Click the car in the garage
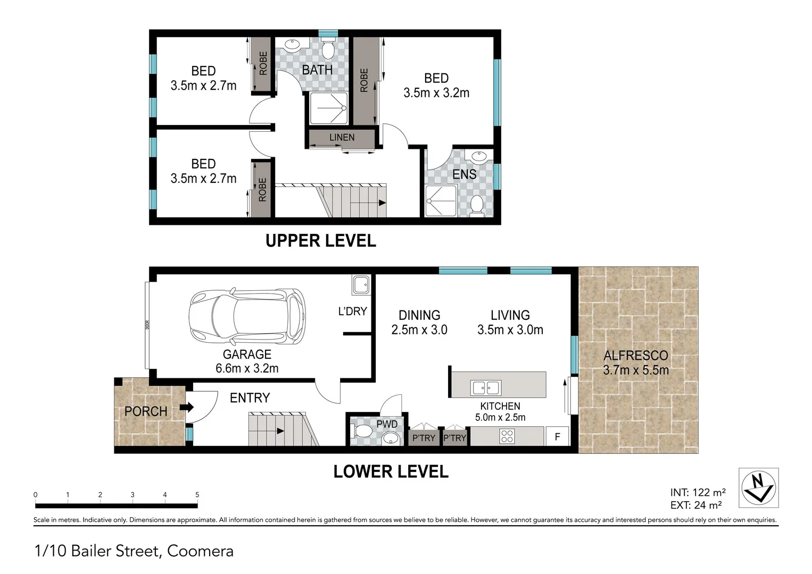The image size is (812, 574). coord(247,317)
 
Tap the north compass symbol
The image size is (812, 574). coord(759,487)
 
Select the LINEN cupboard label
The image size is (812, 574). coord(342,138)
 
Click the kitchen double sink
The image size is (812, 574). coord(486,388)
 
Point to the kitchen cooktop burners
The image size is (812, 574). coord(507,436)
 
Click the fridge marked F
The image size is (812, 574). coord(557,437)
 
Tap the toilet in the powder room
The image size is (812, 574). coord(361,431)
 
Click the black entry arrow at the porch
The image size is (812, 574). coord(187,407)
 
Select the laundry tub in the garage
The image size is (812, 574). coord(361,285)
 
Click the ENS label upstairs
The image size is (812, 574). coord(465,174)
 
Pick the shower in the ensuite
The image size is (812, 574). coord(441,201)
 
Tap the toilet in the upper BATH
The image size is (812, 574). coord(328,49)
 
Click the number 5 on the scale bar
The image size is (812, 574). coord(197,495)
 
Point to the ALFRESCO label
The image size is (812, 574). coord(636,356)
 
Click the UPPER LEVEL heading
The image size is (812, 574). coord(321,241)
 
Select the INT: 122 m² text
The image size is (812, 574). coord(698,493)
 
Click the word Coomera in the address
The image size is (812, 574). coord(200,551)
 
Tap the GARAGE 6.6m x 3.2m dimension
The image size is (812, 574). coord(247,368)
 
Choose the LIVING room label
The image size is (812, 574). coord(510,315)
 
